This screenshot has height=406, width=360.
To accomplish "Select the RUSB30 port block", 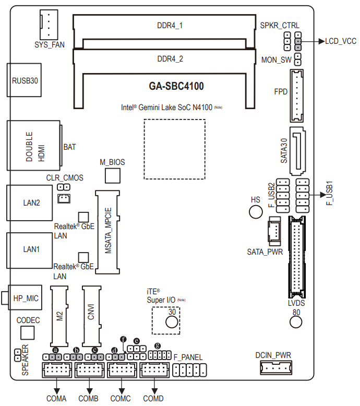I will point(24,81).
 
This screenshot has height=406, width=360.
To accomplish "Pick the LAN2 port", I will point(30,202).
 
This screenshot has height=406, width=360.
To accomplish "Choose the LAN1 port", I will point(30,249).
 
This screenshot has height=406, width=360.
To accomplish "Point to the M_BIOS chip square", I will point(112,175).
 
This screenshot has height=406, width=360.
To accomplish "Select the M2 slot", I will point(59,316).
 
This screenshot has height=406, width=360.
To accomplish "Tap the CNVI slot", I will point(91,316).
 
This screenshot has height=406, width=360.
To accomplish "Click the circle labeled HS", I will point(255,211).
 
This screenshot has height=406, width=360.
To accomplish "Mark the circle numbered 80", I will point(296,321).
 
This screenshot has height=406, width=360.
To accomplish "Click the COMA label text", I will point(56,399).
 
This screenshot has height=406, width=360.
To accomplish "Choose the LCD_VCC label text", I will point(341,41).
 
